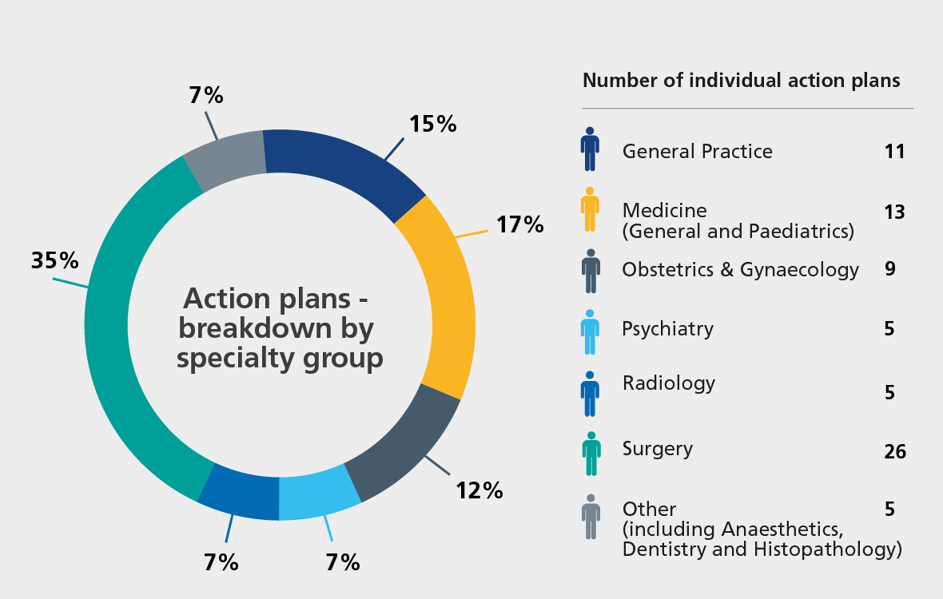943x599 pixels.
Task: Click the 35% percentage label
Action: (x=54, y=261)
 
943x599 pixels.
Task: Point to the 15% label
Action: (x=432, y=124)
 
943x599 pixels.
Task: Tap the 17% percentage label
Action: (x=519, y=224)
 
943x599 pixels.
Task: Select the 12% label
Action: (x=479, y=490)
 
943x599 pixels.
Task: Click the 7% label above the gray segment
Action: (x=206, y=96)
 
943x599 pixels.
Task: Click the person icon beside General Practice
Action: (x=590, y=149)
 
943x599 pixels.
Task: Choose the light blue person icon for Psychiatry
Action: (x=590, y=332)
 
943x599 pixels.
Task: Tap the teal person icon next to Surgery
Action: (x=590, y=454)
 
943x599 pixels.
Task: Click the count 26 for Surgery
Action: (x=895, y=452)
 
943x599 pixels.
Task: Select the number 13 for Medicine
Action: (x=895, y=212)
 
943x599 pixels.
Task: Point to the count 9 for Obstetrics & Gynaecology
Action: (x=889, y=269)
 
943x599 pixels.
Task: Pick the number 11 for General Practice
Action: (x=895, y=151)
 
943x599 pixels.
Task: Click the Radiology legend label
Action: (x=668, y=383)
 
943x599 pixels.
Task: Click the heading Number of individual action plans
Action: (x=742, y=81)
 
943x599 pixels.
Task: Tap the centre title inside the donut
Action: (x=280, y=328)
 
